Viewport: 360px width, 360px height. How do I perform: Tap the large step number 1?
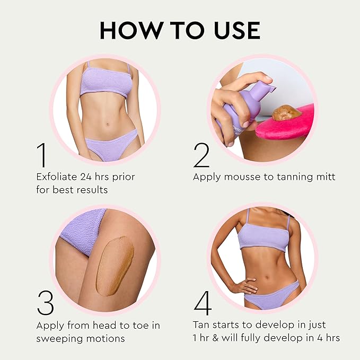click(x=42, y=155)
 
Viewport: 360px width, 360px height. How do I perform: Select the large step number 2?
click(x=201, y=155)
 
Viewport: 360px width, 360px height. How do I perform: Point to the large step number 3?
click(x=45, y=303)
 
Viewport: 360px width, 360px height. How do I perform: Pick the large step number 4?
click(x=203, y=303)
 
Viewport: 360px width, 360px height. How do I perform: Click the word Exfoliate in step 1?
click(x=57, y=177)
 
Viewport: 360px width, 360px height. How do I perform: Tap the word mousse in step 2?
click(x=243, y=177)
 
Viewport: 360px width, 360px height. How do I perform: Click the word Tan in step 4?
click(x=201, y=325)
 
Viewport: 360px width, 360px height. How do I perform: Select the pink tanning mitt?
click(x=285, y=123)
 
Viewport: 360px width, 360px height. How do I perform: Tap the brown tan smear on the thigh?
click(x=115, y=266)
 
